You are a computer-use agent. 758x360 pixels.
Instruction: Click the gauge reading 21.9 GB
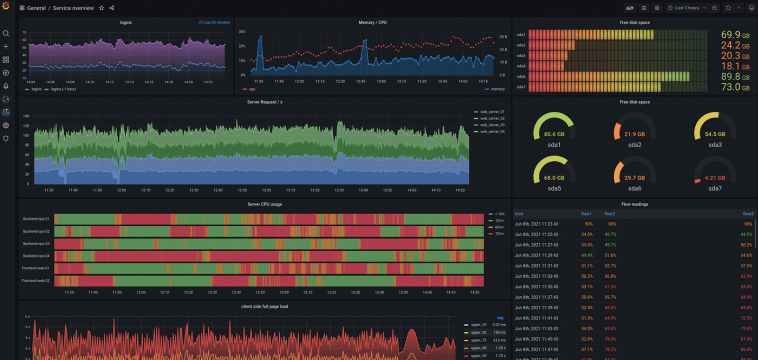(x=634, y=133)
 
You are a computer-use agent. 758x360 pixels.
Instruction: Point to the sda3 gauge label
(x=715, y=145)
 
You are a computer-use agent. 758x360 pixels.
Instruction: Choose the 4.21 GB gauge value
(x=715, y=179)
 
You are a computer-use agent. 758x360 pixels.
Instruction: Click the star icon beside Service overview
(x=101, y=7)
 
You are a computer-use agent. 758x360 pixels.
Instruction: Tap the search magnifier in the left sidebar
(x=6, y=33)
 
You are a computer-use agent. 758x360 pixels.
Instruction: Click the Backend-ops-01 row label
(x=35, y=218)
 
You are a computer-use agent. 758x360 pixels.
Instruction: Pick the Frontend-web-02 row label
(x=35, y=280)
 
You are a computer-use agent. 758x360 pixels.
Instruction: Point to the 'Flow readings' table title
(x=635, y=203)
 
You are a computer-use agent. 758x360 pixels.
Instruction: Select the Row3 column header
(x=747, y=213)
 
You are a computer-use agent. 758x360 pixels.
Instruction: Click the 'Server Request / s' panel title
(x=264, y=101)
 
